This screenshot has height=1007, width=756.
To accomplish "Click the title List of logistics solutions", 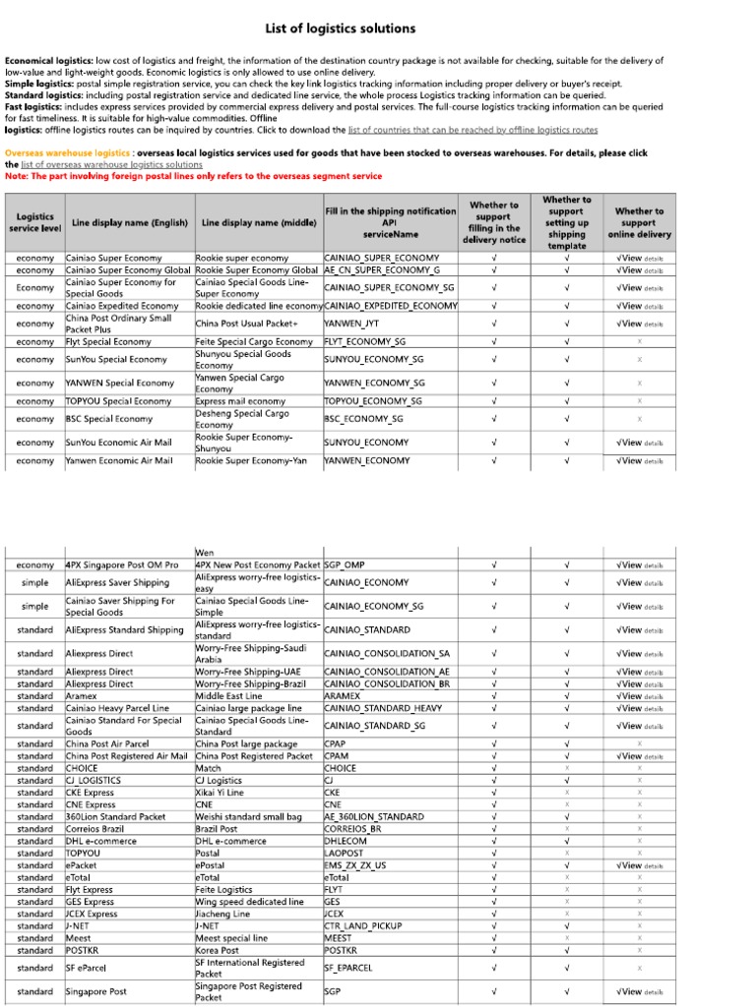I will click(x=341, y=29).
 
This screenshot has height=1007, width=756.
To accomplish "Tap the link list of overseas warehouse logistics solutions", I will click(x=111, y=165).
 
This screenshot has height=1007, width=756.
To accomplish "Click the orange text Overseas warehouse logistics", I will click(x=67, y=153).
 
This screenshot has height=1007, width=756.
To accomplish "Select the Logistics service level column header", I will click(x=35, y=223).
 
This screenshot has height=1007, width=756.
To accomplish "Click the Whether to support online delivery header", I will click(x=639, y=223).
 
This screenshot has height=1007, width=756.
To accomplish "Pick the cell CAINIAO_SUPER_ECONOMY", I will click(x=381, y=258).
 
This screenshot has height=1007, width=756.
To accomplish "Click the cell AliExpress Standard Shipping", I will click(x=124, y=629).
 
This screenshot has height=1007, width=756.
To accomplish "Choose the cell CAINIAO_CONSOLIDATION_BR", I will click(x=387, y=683).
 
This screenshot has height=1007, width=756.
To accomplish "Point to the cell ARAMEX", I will click(x=343, y=695).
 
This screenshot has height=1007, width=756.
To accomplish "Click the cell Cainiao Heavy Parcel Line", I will click(x=117, y=708).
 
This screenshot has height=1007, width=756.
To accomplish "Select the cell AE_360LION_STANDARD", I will click(x=374, y=817).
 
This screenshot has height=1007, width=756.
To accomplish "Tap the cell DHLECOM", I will click(x=346, y=842).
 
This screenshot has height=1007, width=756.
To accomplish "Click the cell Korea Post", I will click(x=217, y=951).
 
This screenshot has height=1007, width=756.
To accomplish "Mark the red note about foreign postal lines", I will click(x=194, y=176).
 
